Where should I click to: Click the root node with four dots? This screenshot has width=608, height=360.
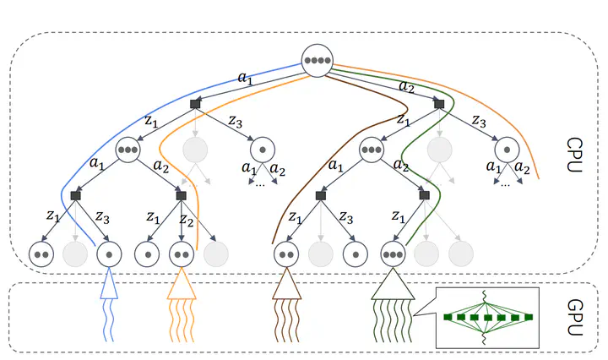click(x=318, y=62)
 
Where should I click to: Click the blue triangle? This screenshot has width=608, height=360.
click(x=110, y=286)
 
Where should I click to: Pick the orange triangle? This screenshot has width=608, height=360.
click(x=182, y=286)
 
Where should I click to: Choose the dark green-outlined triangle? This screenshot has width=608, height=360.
click(x=392, y=286)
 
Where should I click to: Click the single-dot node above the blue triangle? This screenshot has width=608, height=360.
click(x=110, y=253)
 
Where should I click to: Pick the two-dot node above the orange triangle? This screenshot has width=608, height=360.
click(x=182, y=253)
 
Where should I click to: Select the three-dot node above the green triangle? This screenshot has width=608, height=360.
click(x=392, y=253)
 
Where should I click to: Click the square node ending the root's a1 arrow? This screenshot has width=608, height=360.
click(x=195, y=103)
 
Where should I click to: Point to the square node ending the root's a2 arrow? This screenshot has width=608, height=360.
click(x=438, y=103)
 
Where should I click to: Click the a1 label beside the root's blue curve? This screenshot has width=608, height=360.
click(x=245, y=79)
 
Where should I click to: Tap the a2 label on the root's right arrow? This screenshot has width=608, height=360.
click(x=405, y=86)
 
